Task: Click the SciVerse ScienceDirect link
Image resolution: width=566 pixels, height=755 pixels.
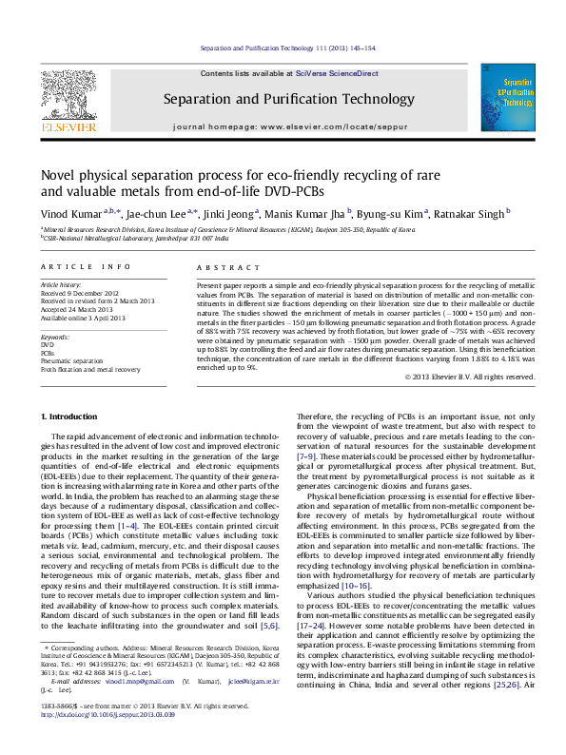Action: (x=337, y=73)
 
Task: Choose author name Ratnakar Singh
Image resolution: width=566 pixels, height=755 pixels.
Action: (x=471, y=214)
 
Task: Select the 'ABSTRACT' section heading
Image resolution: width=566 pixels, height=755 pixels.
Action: (x=218, y=268)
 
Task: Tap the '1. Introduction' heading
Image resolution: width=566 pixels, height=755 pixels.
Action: (x=72, y=417)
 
